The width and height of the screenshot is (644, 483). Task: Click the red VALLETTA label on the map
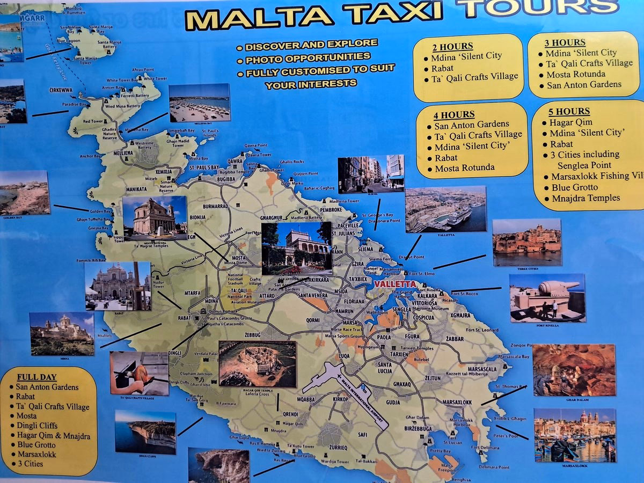coord(396,284)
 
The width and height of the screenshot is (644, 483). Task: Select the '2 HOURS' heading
coord(452,46)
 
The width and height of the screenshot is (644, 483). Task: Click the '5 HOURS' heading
coord(569,112)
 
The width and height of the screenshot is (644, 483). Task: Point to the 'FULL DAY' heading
coord(36,377)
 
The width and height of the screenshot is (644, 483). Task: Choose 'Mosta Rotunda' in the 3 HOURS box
coord(576,74)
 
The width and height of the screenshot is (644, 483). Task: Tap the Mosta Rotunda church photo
coord(155,217)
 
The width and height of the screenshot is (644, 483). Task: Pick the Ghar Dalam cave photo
coord(574,370)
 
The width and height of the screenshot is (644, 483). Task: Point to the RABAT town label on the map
coord(184,318)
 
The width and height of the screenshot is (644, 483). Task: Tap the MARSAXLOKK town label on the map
coord(457,402)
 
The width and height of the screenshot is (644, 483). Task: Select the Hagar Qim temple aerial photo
coord(257,363)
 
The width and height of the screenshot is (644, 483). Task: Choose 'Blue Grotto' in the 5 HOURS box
coord(575,188)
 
